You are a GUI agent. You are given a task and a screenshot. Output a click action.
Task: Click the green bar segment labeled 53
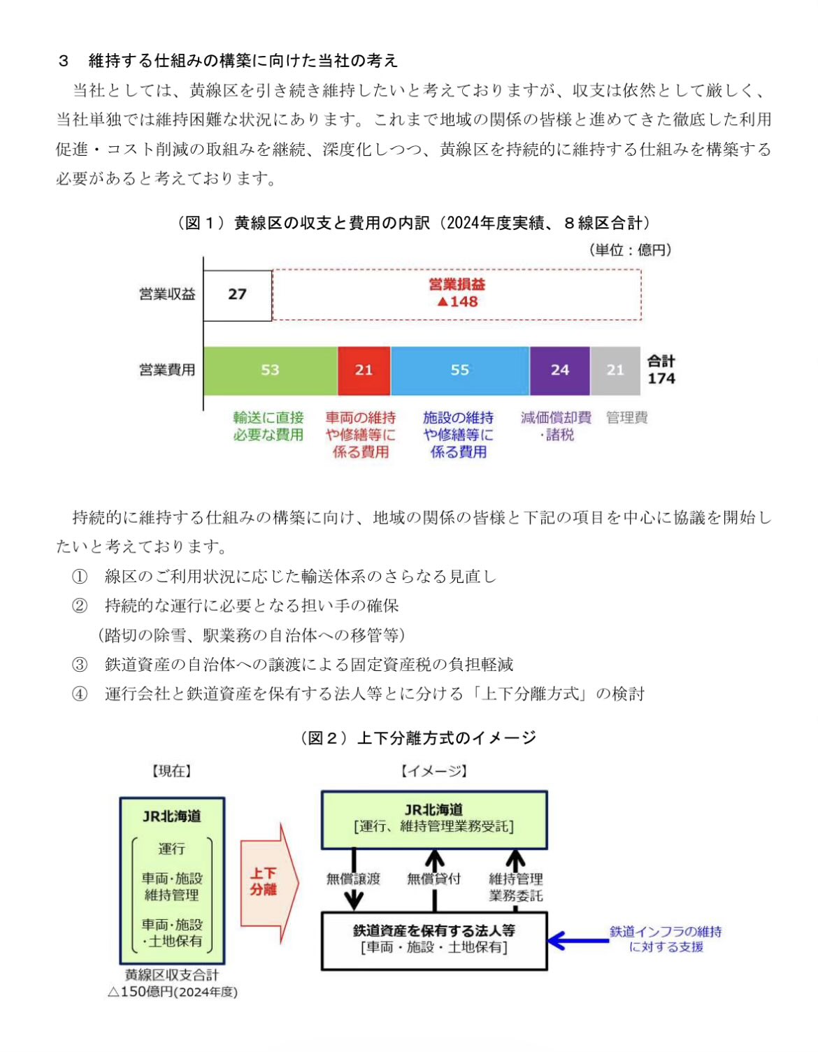(x=270, y=370)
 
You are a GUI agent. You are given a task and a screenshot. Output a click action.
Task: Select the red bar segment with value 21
(x=364, y=370)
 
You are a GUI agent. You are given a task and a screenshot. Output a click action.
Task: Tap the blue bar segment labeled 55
(x=459, y=370)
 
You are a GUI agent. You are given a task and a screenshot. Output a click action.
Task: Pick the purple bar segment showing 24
(x=559, y=370)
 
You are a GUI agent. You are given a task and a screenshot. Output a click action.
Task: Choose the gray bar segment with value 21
(x=615, y=370)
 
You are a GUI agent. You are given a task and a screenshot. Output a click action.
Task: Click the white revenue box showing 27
(x=237, y=295)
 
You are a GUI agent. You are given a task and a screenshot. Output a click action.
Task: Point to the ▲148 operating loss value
(x=457, y=302)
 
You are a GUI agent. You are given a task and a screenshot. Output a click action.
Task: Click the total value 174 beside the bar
(x=661, y=379)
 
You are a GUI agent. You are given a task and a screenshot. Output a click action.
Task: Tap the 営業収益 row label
(x=166, y=294)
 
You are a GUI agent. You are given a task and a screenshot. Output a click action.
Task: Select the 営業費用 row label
(x=166, y=370)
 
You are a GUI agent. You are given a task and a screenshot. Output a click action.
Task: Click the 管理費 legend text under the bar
(x=626, y=418)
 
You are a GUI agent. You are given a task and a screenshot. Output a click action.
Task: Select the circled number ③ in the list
(x=80, y=665)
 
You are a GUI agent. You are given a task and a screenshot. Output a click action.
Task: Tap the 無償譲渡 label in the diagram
(x=353, y=879)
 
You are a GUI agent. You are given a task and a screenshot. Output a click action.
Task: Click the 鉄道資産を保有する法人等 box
(x=433, y=939)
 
